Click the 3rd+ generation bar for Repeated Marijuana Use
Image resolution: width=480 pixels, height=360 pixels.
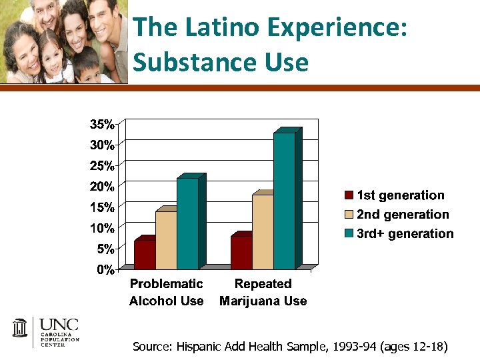284,200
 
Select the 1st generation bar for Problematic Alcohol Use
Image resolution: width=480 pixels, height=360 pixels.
145,254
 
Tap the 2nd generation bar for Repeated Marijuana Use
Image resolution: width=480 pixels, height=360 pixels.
263,231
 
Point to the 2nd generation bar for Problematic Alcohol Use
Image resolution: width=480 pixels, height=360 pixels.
166,240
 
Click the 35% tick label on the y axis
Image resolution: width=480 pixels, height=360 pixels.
102,124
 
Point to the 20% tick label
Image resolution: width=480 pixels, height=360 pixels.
102,186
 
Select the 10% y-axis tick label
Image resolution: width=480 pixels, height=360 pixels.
102,228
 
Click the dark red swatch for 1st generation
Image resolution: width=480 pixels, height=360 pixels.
349,195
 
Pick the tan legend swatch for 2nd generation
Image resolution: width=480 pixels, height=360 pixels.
349,215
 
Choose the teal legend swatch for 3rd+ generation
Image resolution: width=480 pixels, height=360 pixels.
349,234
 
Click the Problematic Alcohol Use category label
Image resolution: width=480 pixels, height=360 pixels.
166,292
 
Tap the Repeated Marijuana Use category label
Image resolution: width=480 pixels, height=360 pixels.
263,292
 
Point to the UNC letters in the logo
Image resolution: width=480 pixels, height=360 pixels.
59,325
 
